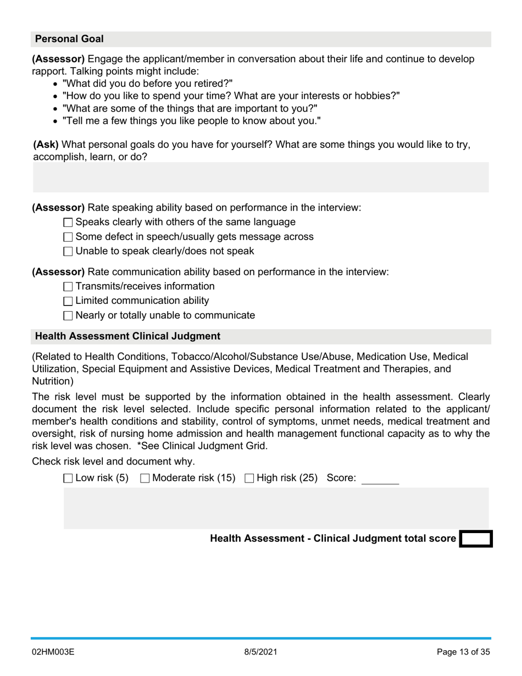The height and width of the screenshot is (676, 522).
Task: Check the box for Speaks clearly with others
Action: [x=68, y=223]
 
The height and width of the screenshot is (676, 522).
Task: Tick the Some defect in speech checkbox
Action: [x=68, y=237]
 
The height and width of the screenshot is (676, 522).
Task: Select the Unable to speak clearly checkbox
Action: [x=68, y=252]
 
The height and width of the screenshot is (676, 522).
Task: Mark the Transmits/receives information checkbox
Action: [x=68, y=287]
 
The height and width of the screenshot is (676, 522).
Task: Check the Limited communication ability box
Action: [x=68, y=301]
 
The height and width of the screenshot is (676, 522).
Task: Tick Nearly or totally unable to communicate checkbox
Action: [x=68, y=316]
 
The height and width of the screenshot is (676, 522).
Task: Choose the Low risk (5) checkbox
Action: [x=68, y=479]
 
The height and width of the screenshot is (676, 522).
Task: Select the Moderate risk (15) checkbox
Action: [x=145, y=479]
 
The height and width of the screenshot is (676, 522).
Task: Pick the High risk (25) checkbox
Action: [x=249, y=479]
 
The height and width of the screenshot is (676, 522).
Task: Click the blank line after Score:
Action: [x=380, y=479]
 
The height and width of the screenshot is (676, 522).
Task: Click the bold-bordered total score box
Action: [x=475, y=539]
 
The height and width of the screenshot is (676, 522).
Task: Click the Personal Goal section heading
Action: [x=69, y=39]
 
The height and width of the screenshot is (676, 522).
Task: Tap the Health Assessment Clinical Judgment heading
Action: [x=127, y=336]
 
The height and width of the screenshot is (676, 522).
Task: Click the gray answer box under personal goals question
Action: [x=260, y=177]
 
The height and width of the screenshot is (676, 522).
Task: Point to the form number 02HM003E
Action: [x=53, y=652]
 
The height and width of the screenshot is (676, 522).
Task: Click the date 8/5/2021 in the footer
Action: [x=260, y=652]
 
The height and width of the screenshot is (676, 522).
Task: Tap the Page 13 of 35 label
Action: [x=463, y=652]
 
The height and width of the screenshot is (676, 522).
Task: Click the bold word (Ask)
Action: [x=46, y=145]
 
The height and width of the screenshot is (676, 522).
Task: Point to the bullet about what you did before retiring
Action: [x=147, y=84]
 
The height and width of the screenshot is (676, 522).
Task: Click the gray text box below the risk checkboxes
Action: [x=276, y=508]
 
